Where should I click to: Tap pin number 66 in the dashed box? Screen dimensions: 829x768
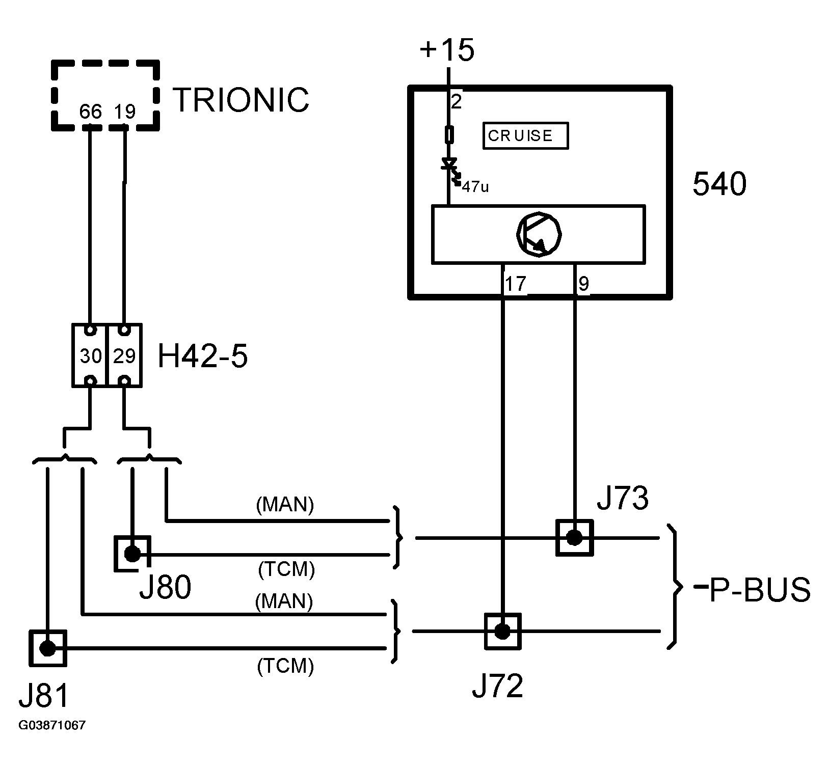[x=91, y=112]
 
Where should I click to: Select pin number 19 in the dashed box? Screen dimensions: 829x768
[x=125, y=112]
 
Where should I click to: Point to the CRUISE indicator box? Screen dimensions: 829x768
[x=525, y=135]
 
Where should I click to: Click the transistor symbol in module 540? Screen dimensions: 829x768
[x=539, y=235]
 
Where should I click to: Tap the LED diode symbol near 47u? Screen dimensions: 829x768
[x=450, y=168]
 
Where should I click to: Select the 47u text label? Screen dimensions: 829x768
[x=475, y=187]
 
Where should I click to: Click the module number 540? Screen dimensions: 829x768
[x=719, y=184]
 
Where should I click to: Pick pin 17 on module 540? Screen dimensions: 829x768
[x=515, y=284]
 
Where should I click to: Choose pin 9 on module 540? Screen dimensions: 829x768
[x=584, y=284]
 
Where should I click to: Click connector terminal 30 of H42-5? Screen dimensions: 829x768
[x=90, y=355]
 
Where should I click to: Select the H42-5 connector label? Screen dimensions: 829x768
[x=203, y=355]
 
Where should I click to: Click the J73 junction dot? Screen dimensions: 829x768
[x=574, y=538]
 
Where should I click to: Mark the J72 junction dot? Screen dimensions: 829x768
[x=502, y=632]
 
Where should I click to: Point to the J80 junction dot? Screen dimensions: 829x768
[x=132, y=554]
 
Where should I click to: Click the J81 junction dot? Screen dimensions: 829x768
[x=48, y=648]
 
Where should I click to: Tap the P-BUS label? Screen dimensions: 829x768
[x=753, y=589]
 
